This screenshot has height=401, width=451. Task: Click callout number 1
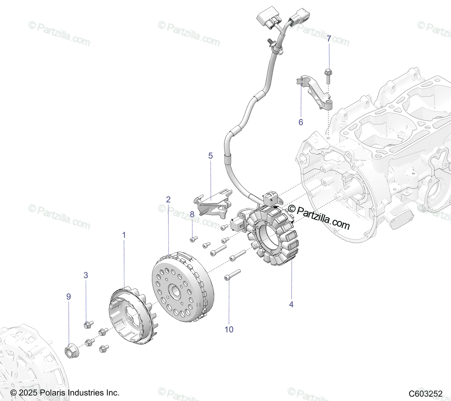tap(124, 235)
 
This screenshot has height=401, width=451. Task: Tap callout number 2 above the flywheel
tap(168, 199)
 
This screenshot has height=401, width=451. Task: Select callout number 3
tap(86, 275)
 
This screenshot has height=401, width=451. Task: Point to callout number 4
tap(291, 304)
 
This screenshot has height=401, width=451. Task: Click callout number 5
tap(210, 156)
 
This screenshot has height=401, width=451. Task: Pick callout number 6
tap(301, 122)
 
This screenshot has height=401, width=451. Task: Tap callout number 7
tap(329, 38)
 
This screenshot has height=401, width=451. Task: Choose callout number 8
tap(192, 214)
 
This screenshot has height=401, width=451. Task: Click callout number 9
tap(68, 296)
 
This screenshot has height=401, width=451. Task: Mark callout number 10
tap(229, 329)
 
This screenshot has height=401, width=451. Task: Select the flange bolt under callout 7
tap(328, 77)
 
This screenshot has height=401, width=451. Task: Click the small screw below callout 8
tap(194, 239)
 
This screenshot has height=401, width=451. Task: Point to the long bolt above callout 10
tap(232, 275)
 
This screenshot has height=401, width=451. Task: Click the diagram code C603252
tap(425, 393)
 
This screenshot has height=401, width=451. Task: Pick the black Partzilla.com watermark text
tap(319, 217)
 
